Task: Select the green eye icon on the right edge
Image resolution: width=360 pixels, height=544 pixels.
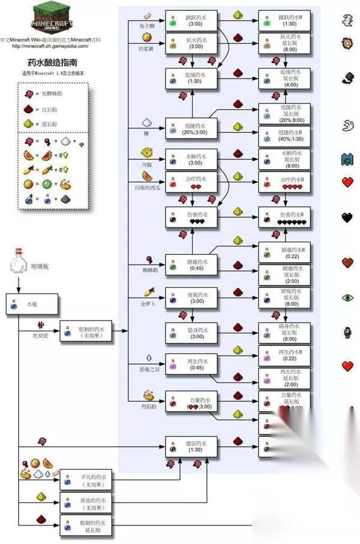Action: (x=347, y=297)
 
